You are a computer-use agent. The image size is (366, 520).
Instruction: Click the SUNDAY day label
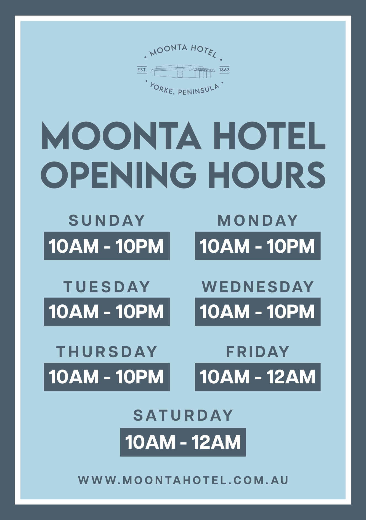pyautogui.click(x=107, y=221)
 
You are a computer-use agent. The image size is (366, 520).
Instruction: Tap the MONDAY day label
pyautogui.click(x=258, y=221)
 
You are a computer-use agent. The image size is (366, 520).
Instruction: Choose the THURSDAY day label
pyautogui.click(x=107, y=352)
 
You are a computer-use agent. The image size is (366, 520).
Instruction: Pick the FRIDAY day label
pyautogui.click(x=258, y=352)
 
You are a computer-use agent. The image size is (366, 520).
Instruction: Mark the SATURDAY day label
pyautogui.click(x=183, y=415)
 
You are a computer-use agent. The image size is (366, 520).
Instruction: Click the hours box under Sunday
pyautogui.click(x=107, y=246)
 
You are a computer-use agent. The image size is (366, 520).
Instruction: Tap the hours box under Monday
pyautogui.click(x=258, y=246)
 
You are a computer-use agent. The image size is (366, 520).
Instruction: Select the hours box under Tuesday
pyautogui.click(x=107, y=312)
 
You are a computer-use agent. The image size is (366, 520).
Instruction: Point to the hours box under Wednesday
pyautogui.click(x=258, y=312)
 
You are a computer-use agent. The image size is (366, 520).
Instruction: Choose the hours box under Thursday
pyautogui.click(x=107, y=377)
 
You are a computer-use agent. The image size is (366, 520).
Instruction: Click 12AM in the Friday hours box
pyautogui.click(x=291, y=377)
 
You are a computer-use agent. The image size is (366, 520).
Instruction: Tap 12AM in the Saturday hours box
pyautogui.click(x=216, y=442)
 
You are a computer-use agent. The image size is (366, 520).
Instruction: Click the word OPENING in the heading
pyautogui.click(x=118, y=175)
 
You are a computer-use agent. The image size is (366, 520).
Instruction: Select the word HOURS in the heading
pyautogui.click(x=267, y=175)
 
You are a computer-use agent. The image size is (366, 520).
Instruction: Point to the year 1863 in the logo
pyautogui.click(x=224, y=70)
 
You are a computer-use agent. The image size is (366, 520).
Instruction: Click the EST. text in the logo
pyautogui.click(x=142, y=70)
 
